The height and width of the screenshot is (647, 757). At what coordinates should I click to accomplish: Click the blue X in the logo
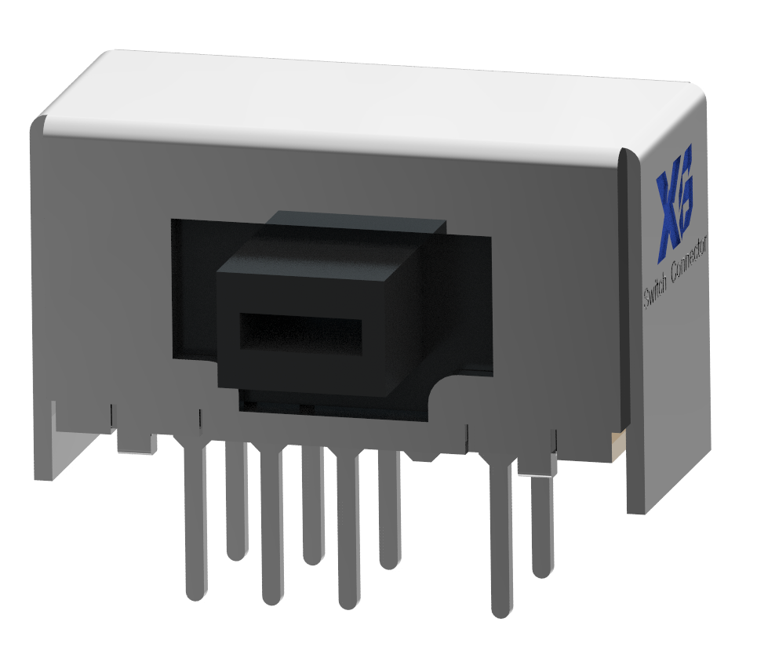click(x=668, y=211)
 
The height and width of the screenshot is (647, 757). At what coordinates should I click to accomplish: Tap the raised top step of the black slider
click(x=356, y=223)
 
